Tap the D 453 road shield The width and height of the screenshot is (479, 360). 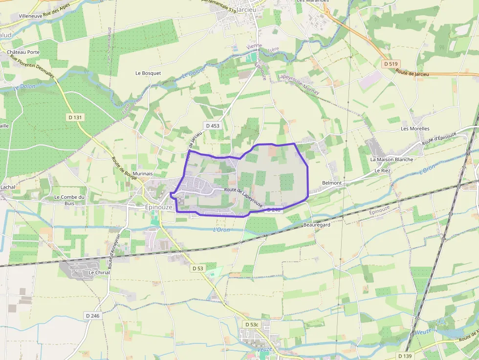point(213,126)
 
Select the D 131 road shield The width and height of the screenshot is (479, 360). point(74,117)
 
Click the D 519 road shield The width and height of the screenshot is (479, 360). point(392,64)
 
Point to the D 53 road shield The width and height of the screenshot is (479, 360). point(197,268)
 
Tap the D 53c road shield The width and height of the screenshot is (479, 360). point(252,324)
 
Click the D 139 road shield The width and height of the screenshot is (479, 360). point(405,356)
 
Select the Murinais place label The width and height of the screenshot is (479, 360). point(142,173)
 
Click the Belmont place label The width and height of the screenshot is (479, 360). point(332,183)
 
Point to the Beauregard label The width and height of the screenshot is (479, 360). point(317,225)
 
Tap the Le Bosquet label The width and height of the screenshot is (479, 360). point(148,73)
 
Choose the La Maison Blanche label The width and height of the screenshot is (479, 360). point(392,159)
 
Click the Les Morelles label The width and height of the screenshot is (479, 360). point(415,128)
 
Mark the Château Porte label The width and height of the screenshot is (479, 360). point(23,52)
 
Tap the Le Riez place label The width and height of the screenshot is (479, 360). point(383,171)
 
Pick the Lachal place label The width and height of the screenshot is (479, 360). point(8,187)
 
